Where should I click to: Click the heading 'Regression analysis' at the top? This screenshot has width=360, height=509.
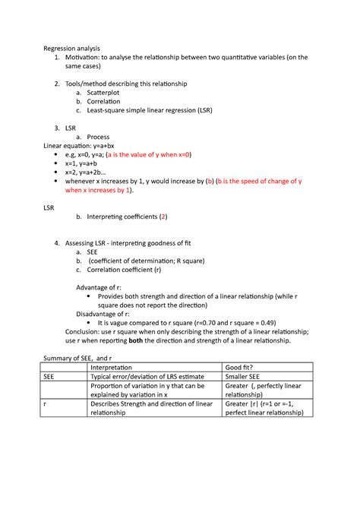tap(70, 48)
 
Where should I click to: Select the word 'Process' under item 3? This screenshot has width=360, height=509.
tap(103, 137)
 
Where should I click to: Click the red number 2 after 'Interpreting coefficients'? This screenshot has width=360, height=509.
tap(163, 217)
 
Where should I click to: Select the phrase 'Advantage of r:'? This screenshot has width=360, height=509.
tap(102, 287)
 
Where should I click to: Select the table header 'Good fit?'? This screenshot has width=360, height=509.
tap(242, 366)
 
